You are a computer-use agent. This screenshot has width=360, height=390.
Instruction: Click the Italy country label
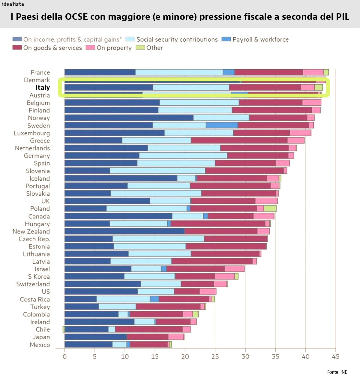coord(43,88)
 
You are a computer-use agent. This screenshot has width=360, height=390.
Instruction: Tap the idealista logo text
coord(13,4)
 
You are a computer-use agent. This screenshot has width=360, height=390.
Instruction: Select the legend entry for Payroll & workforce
coord(255,39)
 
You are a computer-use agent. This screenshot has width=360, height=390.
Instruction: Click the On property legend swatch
coord(90,47)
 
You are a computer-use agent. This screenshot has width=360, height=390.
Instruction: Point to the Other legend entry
coord(149,48)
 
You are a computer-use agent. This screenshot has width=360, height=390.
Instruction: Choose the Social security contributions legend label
coord(177,39)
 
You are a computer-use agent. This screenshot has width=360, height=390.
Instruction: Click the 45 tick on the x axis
coord(335,356)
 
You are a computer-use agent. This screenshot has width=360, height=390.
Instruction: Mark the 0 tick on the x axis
coord(64,356)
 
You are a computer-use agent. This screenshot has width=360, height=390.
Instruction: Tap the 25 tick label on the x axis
coord(215,356)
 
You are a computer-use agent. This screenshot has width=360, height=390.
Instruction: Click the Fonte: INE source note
coord(337,372)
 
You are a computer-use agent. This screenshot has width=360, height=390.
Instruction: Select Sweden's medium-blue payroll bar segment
coord(222,125)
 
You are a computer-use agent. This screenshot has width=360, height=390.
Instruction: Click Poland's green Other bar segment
coord(270,208)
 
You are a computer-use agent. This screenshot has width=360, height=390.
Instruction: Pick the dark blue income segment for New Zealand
coord(124,231)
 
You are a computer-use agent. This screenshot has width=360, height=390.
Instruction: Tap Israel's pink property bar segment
coord(234,269)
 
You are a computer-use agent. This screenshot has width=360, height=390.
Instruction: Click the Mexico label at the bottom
coord(40,345)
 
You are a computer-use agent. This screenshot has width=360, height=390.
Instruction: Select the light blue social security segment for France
coord(179,72)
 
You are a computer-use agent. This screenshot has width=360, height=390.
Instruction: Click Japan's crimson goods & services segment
coord(147,337)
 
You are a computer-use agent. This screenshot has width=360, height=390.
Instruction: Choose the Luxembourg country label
coord(32,133)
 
